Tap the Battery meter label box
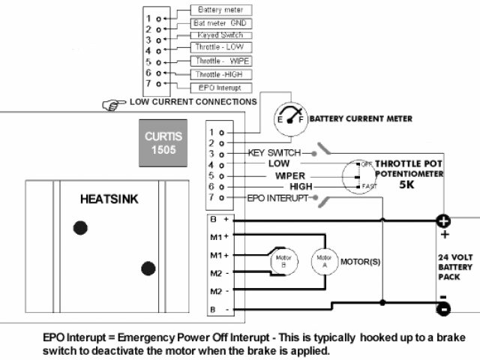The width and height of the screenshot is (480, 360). (220, 10)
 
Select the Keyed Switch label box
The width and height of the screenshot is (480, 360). (220, 35)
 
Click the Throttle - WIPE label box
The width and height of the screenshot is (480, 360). (220, 61)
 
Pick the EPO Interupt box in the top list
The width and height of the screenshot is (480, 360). (220, 88)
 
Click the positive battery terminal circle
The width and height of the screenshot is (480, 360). (442, 221)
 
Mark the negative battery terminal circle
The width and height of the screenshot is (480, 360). (442, 308)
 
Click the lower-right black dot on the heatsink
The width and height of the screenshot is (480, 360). (148, 268)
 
